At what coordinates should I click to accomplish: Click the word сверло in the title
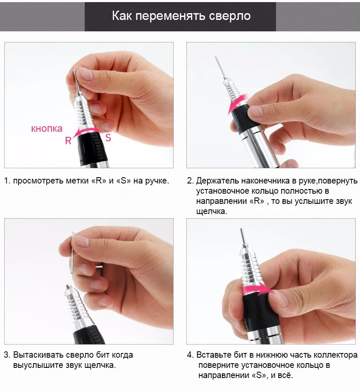(230, 16)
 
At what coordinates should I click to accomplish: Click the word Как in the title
(122, 16)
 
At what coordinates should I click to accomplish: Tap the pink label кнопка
(47, 129)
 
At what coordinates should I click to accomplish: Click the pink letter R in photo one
(68, 141)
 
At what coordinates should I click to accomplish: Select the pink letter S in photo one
(108, 137)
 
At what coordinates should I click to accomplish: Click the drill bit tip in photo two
(215, 57)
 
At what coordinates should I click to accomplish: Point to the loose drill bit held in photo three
(73, 253)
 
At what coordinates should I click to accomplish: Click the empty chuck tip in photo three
(67, 286)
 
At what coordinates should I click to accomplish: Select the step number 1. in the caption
(7, 181)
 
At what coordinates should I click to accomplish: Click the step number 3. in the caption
(7, 355)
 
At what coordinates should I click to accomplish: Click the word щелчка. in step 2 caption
(212, 211)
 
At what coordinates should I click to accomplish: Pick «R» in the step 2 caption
(257, 201)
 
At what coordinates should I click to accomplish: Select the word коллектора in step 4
(335, 355)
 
